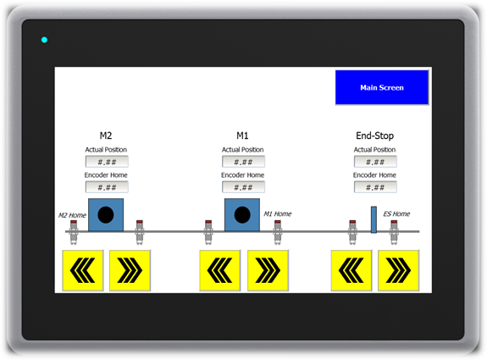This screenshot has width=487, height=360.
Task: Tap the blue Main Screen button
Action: coord(382,87)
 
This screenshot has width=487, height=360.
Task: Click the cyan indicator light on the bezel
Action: coord(44,40)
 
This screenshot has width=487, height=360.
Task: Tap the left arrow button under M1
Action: coord(220,270)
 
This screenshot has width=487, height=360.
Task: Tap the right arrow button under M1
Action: coord(268,270)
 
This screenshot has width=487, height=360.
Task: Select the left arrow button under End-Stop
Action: coord(351,270)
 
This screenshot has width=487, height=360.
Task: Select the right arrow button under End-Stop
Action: coord(398,270)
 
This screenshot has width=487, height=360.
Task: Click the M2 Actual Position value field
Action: coord(107,162)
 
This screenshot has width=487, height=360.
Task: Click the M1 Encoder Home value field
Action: coord(243,187)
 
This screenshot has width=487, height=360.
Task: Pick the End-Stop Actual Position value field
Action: coord(375,162)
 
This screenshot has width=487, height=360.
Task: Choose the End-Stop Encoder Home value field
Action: coord(375,187)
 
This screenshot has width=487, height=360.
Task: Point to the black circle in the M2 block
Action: coord(106,214)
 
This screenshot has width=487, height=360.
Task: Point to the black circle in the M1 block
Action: coord(242,214)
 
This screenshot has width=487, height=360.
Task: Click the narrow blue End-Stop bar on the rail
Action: coord(374,219)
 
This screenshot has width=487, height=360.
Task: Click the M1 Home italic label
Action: coord(277,213)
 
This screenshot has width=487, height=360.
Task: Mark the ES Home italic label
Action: coord(396,213)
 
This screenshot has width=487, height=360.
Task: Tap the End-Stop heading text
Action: coord(374,136)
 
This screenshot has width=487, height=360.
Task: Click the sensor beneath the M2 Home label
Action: coord(74,232)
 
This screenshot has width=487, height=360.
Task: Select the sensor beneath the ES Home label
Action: coord(394,232)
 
